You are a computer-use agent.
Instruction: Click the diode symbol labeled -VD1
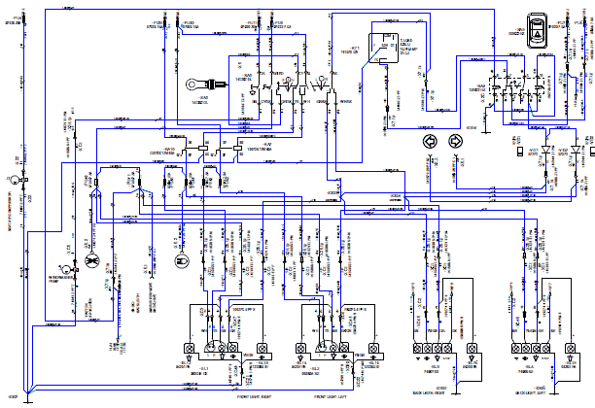[546, 150]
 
